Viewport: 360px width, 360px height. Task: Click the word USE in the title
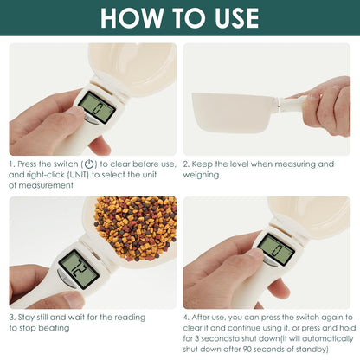[x=228, y=18]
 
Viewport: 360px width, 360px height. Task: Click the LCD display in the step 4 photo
[x=276, y=249]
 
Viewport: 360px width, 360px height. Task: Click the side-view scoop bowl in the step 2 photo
[x=232, y=108]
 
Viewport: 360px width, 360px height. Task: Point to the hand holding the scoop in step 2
[x=325, y=104]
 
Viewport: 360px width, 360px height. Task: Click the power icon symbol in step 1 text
[x=90, y=164]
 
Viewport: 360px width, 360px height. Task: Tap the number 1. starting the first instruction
[x=13, y=164]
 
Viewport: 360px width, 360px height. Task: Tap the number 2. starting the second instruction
[x=188, y=164]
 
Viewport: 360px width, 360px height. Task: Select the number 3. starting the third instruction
[x=13, y=318]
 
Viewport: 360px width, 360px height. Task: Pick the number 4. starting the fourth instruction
[x=188, y=318]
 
